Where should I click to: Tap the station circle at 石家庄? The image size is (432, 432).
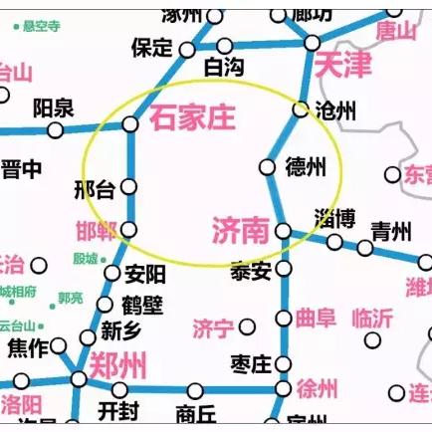[130, 124]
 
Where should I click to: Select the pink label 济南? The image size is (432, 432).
[241, 231]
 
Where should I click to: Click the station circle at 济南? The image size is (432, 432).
[283, 232]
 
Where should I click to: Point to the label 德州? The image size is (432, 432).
[305, 165]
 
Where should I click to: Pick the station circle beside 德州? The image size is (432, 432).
[266, 166]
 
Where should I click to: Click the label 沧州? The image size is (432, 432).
[334, 110]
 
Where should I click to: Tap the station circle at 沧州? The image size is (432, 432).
[301, 109]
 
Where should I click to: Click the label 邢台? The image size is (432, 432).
[95, 189]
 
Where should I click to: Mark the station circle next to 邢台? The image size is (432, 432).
[129, 186]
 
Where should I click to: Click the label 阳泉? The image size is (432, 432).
[54, 107]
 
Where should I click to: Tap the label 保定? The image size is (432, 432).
[152, 48]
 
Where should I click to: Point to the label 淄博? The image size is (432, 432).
[334, 217]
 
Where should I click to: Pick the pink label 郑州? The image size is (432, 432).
[117, 365]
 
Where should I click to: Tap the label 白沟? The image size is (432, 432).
[223, 67]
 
